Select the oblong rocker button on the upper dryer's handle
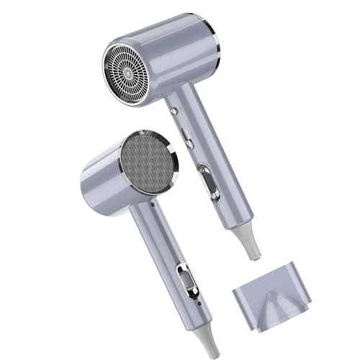tap(187, 137)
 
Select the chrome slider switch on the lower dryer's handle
tap(188, 279)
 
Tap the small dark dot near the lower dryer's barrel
tap(153, 204)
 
